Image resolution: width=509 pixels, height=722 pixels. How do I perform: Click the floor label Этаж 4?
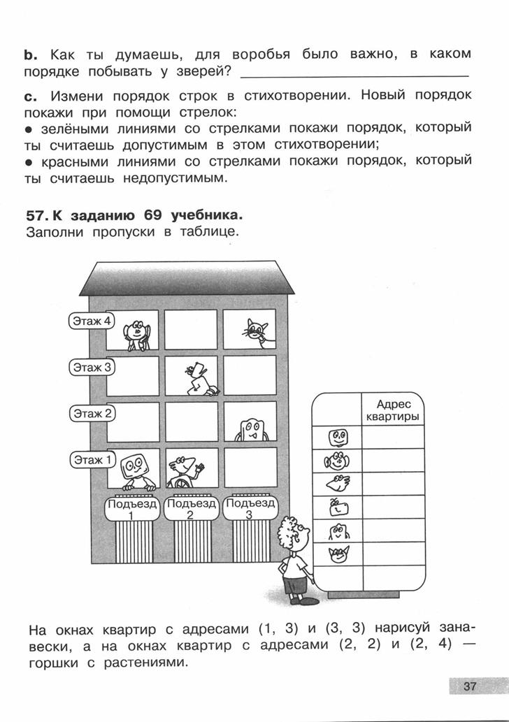[x=90, y=321]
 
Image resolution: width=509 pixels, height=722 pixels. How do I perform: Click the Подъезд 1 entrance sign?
[x=132, y=508]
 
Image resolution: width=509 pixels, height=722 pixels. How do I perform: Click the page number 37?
[x=470, y=686]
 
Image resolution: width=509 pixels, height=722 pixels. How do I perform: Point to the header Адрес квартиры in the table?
[x=392, y=410]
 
